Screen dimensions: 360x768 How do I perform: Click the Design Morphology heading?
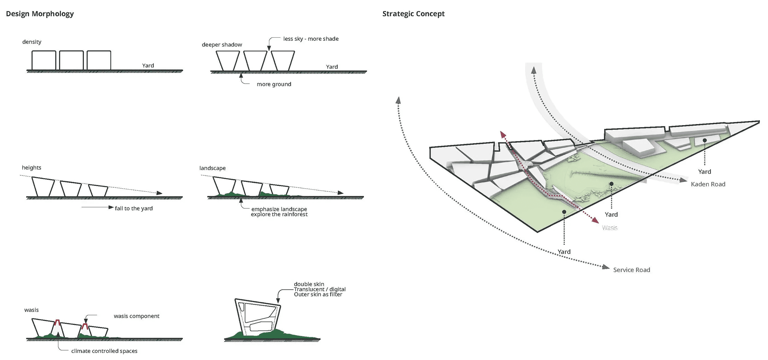coord(40,14)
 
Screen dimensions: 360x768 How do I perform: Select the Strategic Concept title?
coord(413,14)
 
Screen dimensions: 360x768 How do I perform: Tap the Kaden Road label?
coord(708,184)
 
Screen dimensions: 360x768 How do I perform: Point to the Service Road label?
coord(631,270)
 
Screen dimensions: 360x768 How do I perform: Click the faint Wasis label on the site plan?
coord(610,228)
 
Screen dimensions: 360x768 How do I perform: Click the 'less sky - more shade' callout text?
coord(311,39)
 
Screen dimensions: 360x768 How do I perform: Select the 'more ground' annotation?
coord(274,84)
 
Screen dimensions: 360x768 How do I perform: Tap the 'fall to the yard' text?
coord(134,208)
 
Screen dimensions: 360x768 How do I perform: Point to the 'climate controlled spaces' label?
coord(104,351)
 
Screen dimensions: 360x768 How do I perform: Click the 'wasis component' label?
coord(136,316)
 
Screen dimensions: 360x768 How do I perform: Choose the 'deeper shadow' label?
coord(222,45)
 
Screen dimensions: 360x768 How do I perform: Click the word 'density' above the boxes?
coord(32,42)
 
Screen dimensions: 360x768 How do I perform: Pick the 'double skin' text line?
coord(309,284)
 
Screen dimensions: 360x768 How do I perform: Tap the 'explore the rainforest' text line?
coord(279,215)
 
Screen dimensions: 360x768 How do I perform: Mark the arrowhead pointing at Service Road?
coord(606,267)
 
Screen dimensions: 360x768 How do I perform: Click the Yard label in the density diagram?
coord(148,66)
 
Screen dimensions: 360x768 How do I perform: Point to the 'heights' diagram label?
coord(31,168)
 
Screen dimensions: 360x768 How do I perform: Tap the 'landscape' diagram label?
coord(212,168)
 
